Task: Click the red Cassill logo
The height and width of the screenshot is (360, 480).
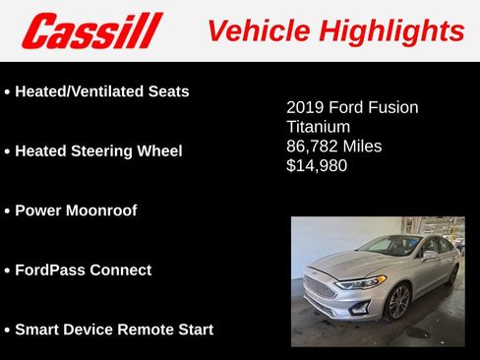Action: [x=90, y=30]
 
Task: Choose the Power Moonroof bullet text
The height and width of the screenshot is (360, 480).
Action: [x=76, y=210]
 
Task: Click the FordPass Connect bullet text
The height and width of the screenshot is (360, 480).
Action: [x=84, y=270]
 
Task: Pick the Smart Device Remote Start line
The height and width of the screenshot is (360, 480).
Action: [x=114, y=330]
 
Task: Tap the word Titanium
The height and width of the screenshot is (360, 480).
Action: [x=318, y=127]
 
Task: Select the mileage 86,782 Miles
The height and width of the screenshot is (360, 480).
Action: [x=333, y=147]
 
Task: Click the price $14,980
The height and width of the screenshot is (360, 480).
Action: [x=317, y=166]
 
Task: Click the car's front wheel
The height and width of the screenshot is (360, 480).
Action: [x=398, y=302]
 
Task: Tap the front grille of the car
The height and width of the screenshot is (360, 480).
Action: [x=320, y=288]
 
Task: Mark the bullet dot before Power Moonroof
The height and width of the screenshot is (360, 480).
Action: [x=8, y=211]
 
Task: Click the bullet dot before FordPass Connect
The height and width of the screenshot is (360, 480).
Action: [x=8, y=270]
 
